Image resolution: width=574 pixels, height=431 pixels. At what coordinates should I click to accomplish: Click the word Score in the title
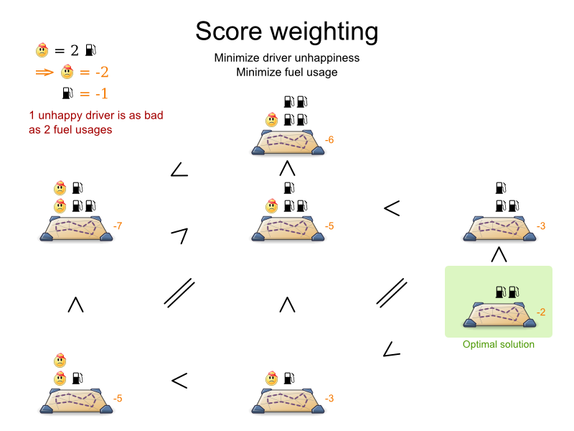[227, 32]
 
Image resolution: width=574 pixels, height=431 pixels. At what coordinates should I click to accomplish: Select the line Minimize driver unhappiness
[287, 58]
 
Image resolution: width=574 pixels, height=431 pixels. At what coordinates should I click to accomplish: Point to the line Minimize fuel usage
[287, 72]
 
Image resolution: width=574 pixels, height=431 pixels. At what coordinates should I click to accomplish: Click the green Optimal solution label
[499, 345]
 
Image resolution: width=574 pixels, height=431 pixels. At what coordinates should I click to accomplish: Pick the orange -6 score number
[329, 140]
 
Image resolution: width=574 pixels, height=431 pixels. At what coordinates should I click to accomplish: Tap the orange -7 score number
[118, 227]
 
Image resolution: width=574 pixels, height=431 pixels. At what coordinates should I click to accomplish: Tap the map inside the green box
[499, 315]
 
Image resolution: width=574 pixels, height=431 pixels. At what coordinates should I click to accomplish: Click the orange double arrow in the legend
[44, 72]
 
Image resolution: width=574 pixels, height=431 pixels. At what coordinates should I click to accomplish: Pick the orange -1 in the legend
[94, 93]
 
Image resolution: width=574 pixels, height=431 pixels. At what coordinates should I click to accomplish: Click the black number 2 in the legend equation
[74, 50]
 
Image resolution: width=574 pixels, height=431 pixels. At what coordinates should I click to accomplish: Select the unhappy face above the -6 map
[272, 120]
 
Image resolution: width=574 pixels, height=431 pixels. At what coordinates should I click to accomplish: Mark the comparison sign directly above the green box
[499, 254]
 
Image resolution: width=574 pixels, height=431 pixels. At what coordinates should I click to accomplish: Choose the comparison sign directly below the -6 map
[287, 169]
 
